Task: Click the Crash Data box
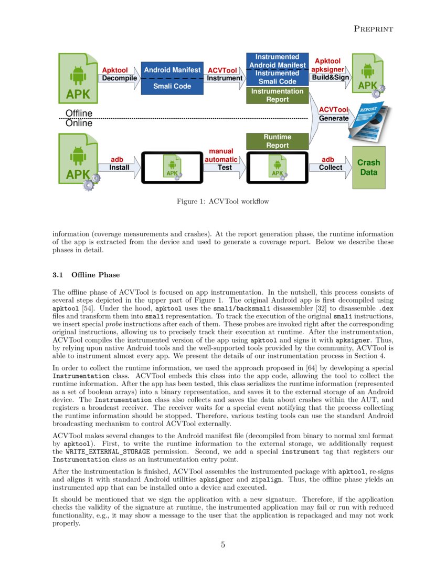[x=369, y=168]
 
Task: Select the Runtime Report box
[x=277, y=141]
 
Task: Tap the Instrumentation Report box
[x=277, y=96]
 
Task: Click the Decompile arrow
[x=119, y=78]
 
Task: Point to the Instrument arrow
[x=225, y=78]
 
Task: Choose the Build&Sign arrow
[x=330, y=77]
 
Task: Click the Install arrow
[x=120, y=168]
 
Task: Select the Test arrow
[x=225, y=168]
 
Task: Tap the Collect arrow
[x=330, y=168]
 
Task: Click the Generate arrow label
[x=334, y=118]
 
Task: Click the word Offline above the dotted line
[x=79, y=113]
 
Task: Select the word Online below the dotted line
[x=79, y=123]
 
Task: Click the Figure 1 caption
[x=223, y=201]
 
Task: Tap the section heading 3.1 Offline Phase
[x=86, y=275]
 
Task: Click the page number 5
[x=223, y=544]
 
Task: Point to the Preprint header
[x=374, y=29]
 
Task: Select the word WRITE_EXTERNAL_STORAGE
[x=108, y=452]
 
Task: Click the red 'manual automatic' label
[x=221, y=156]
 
